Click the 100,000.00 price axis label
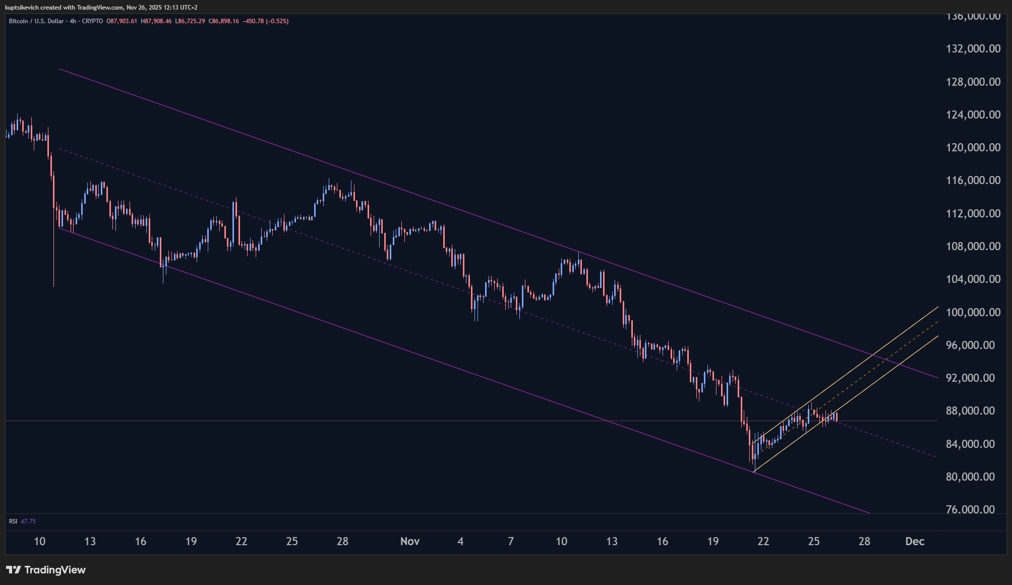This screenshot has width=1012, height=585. coord(973,312)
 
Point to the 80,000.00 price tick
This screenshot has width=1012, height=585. coord(973,477)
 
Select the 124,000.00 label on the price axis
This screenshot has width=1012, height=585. coord(973,115)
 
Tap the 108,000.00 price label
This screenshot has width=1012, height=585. coord(973,246)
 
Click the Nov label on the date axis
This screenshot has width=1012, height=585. coord(409,541)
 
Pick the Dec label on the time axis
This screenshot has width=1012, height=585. coord(914,541)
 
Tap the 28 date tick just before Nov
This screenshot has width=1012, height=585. coord(342,541)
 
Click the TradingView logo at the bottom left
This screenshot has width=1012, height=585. coord(46,570)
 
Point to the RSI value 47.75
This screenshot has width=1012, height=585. coord(28,521)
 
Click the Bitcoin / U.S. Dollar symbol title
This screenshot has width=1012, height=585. coord(36,21)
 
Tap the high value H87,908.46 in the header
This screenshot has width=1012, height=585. coord(156,21)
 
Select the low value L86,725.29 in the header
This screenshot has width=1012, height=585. coord(190,21)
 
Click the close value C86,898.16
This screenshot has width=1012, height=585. coord(224,21)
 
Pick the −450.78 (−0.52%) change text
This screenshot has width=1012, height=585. coord(265,21)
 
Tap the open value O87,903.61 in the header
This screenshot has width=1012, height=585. coord(122,21)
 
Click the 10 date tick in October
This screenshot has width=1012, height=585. coord(39,541)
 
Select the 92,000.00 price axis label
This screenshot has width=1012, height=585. coord(973,378)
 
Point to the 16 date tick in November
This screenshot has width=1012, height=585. coord(662,541)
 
